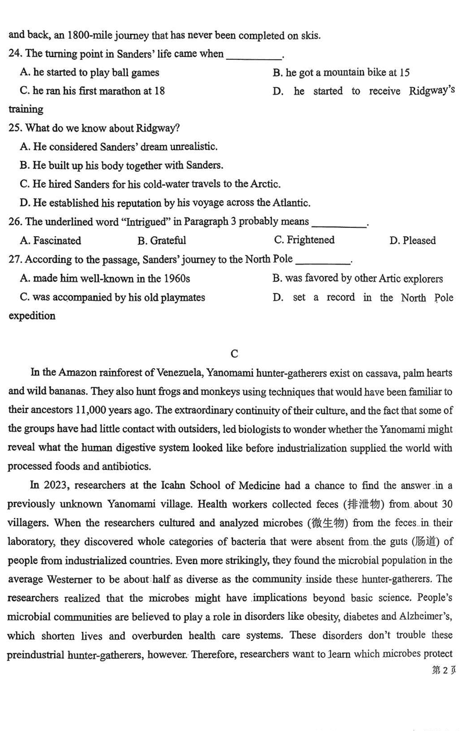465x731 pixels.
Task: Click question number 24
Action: [15, 54]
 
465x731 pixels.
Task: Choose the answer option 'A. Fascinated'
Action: [51, 241]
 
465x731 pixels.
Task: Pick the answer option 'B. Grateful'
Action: [162, 241]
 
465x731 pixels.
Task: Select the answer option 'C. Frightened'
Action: [304, 240]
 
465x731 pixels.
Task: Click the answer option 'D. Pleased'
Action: [412, 241]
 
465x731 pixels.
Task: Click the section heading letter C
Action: [234, 354]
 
